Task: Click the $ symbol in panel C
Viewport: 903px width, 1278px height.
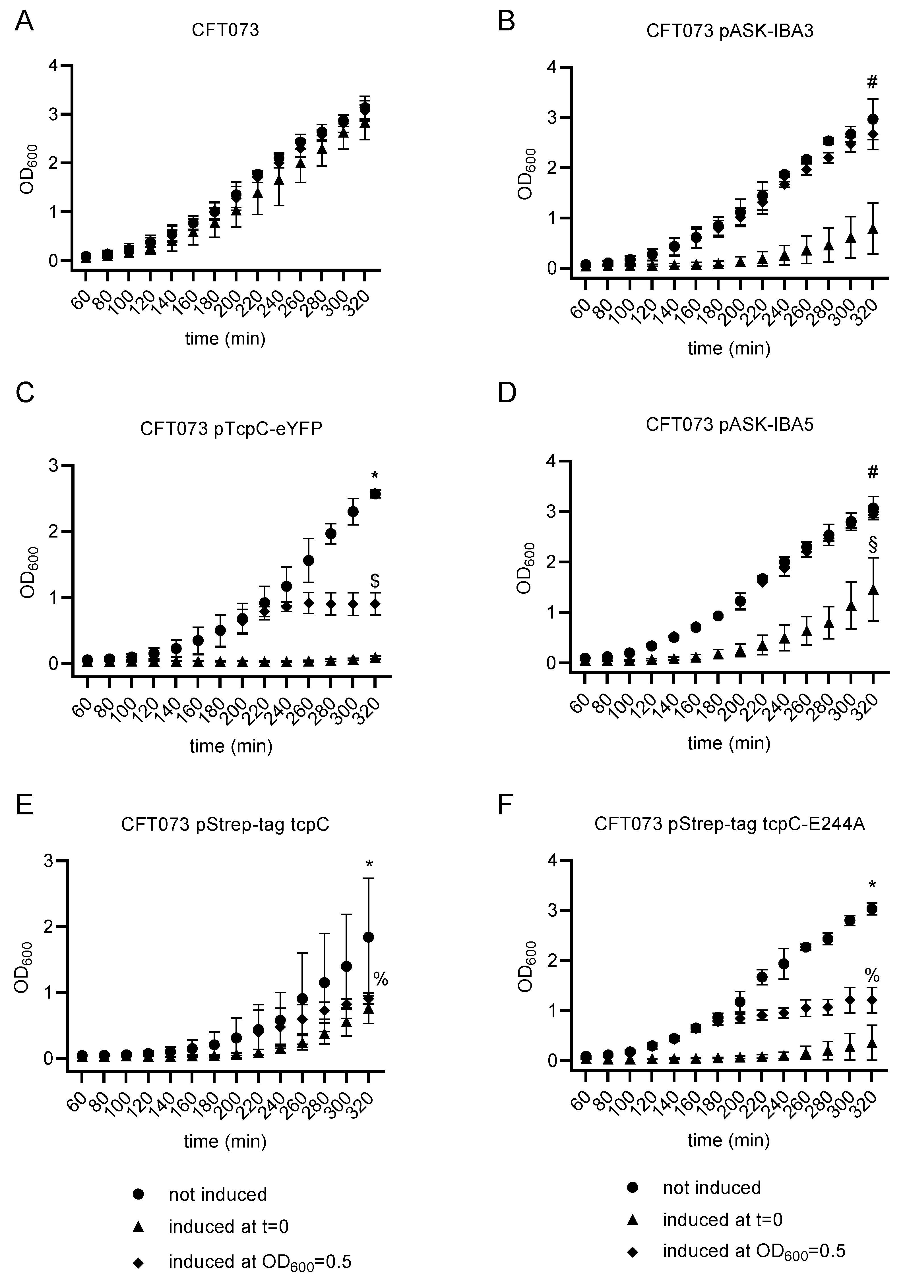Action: pos(375,581)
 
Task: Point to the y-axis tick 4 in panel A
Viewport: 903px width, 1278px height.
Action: pos(53,66)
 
